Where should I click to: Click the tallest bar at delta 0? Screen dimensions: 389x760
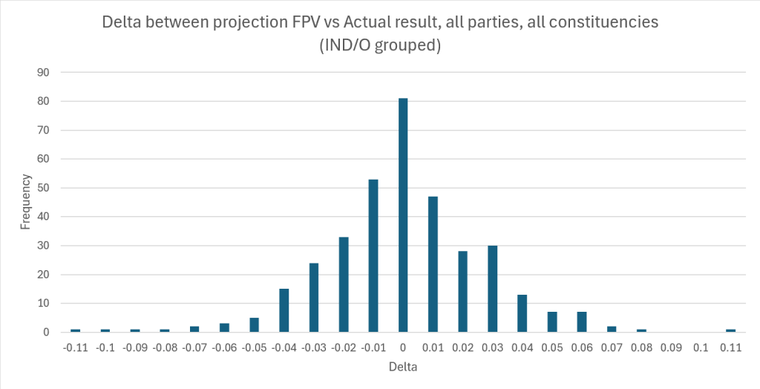point(403,215)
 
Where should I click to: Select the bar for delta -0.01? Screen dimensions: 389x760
point(373,255)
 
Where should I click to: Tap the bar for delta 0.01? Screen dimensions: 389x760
point(433,264)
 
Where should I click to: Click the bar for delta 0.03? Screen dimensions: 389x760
point(492,289)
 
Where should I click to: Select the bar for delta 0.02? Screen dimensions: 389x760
point(462,292)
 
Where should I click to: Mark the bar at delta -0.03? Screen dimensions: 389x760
point(314,298)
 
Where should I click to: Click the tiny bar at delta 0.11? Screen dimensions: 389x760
point(731,330)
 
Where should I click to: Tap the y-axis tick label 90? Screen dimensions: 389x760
point(44,72)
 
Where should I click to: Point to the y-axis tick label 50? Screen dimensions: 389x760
point(44,188)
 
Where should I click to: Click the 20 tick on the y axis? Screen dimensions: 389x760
point(44,275)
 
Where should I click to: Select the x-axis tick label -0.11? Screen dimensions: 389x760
point(75,347)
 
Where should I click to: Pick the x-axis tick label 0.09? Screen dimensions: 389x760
point(671,347)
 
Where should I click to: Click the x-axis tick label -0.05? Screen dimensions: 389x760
point(254,347)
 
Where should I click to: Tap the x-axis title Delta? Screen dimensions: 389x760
point(403,367)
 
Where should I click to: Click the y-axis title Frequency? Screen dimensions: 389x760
point(26,201)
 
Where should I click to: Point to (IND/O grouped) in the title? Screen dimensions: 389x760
point(380,45)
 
